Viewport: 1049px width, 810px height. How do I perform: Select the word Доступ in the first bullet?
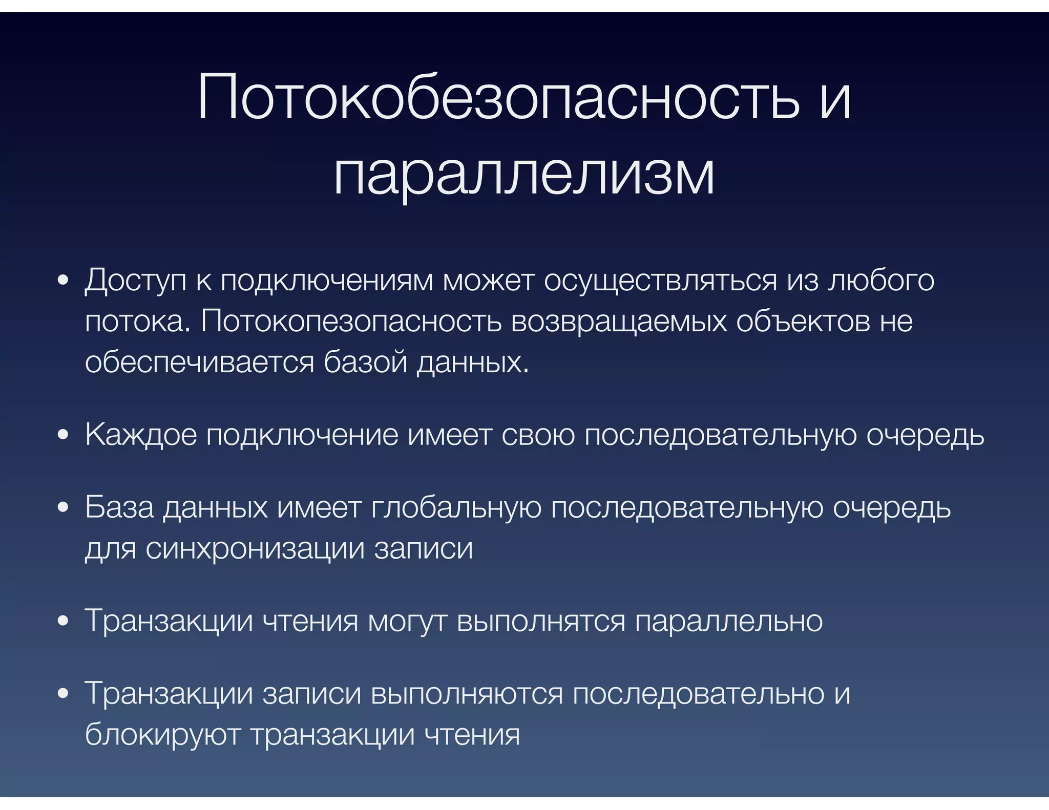(136, 281)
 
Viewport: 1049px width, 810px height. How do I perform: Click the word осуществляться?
(660, 281)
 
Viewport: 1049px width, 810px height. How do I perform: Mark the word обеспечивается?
(199, 363)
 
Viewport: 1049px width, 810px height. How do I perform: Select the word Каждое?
(141, 435)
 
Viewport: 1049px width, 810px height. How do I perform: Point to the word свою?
(538, 435)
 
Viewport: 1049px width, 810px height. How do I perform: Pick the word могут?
(407, 622)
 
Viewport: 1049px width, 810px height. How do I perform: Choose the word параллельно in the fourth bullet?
(729, 622)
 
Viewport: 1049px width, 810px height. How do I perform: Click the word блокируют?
(162, 735)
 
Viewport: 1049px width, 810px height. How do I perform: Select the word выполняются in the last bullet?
(467, 694)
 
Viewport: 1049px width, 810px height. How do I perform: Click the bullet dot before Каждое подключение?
(63, 435)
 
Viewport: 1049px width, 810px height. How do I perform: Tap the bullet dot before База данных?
(63, 508)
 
